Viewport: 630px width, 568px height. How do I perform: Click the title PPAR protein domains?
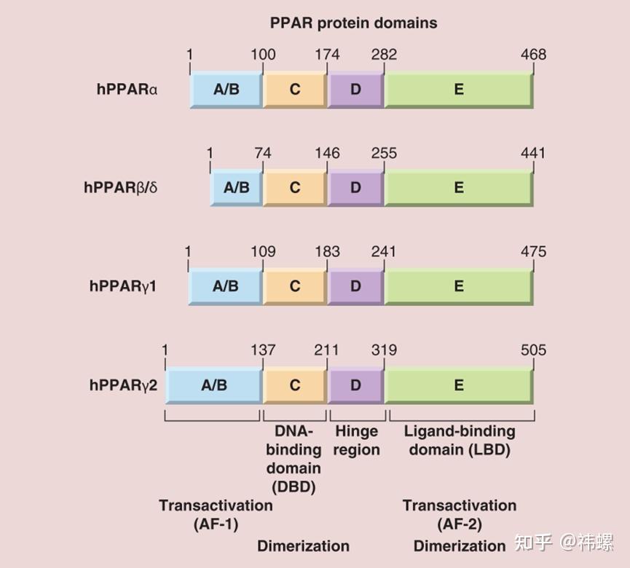[x=353, y=23]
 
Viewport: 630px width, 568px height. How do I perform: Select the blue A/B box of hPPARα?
[x=226, y=90]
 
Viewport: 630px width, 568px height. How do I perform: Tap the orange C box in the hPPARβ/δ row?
[x=295, y=188]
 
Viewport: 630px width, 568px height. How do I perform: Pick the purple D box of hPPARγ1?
[x=355, y=286]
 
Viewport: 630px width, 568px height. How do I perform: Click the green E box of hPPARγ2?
[x=459, y=385]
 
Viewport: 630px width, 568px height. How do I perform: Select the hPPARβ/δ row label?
[x=120, y=188]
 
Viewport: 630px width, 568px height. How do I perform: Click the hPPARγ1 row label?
[x=123, y=286]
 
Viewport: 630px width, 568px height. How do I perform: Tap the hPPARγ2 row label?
[x=123, y=385]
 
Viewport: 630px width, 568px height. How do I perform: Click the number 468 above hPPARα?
[x=533, y=55]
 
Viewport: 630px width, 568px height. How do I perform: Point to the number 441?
[x=533, y=153]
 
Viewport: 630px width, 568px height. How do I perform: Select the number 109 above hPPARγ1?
[x=263, y=252]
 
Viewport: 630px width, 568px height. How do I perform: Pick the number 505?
[x=533, y=350]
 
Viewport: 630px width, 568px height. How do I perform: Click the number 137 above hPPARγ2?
[x=263, y=350]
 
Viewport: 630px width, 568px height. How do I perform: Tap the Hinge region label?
[x=357, y=441]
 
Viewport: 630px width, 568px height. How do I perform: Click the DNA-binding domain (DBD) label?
[x=294, y=459]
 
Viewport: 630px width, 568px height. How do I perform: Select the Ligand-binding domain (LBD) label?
[x=460, y=441]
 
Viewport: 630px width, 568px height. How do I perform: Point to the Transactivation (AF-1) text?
[x=216, y=514]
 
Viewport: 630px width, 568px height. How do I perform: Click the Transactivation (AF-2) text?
[x=460, y=514]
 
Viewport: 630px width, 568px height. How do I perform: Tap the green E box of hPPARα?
[x=459, y=90]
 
